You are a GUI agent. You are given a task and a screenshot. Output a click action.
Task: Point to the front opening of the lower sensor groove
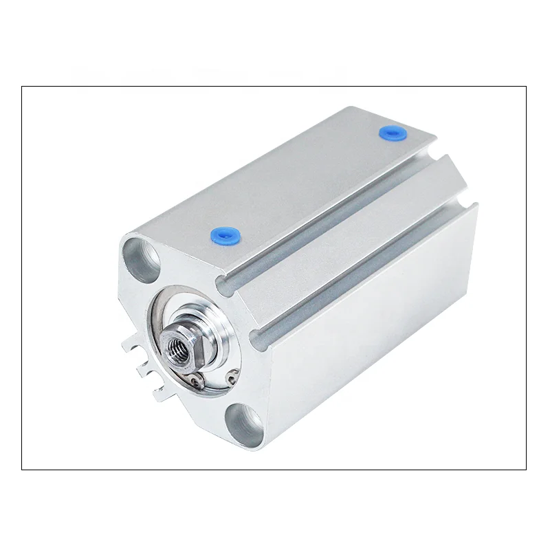point(258,335)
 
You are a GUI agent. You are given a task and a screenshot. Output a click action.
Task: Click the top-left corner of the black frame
point(22,87)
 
